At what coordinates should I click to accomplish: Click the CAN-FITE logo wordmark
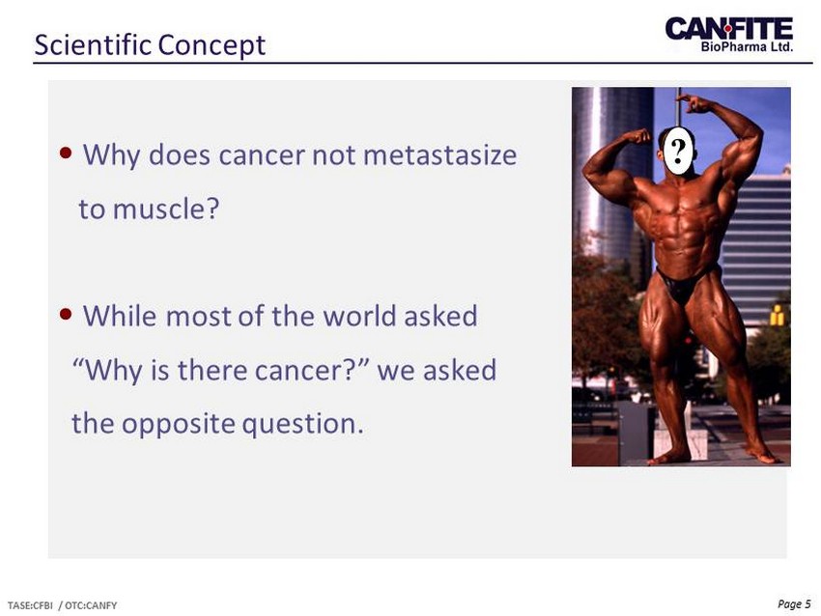tap(729, 28)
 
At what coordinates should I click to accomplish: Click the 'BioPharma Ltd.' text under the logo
tap(747, 46)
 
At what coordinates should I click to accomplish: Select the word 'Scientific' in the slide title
tap(93, 44)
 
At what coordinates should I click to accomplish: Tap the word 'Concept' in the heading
tap(212, 45)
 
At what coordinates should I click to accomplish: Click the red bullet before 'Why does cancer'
tap(66, 153)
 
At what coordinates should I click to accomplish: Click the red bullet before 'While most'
tap(66, 314)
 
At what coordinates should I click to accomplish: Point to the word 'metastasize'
tap(439, 154)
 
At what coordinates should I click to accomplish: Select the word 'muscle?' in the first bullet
tap(165, 209)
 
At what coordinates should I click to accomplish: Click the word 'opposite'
tap(179, 424)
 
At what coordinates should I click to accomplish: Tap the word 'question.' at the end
tap(302, 424)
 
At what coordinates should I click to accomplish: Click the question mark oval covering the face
tap(679, 151)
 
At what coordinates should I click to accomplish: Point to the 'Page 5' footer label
tap(794, 604)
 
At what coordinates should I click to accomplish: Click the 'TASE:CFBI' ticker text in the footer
tap(30, 605)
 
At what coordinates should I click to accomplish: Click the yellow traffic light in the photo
tap(777, 315)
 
